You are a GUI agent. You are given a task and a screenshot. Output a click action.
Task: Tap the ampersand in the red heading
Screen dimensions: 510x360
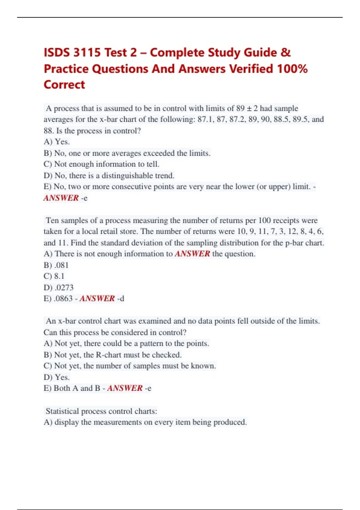pos(286,53)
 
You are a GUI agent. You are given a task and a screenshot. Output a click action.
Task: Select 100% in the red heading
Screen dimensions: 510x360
pos(292,69)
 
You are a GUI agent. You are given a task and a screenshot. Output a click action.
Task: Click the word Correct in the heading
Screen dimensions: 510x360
pos(64,85)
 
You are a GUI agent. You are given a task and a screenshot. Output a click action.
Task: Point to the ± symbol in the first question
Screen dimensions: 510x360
pos(249,108)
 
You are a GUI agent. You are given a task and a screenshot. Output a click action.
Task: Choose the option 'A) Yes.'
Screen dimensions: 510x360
pos(57,142)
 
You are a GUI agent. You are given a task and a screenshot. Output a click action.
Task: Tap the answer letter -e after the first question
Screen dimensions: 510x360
pos(84,198)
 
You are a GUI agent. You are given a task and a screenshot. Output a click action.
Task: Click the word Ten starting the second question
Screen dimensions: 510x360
pos(52,220)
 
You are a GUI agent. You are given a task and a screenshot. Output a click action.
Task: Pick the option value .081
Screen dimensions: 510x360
pos(61,265)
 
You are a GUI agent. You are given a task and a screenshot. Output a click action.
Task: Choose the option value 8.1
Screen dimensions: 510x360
pos(59,276)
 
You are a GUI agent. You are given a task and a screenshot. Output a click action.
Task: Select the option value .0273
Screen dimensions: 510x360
pos(64,288)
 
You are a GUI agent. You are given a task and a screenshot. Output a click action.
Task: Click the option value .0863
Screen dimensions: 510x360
pos(63,299)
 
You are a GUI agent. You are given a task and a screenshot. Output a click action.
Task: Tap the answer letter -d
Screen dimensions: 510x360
pos(121,299)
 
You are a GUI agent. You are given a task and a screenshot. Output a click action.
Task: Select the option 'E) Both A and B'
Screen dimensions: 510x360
pos(72,388)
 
